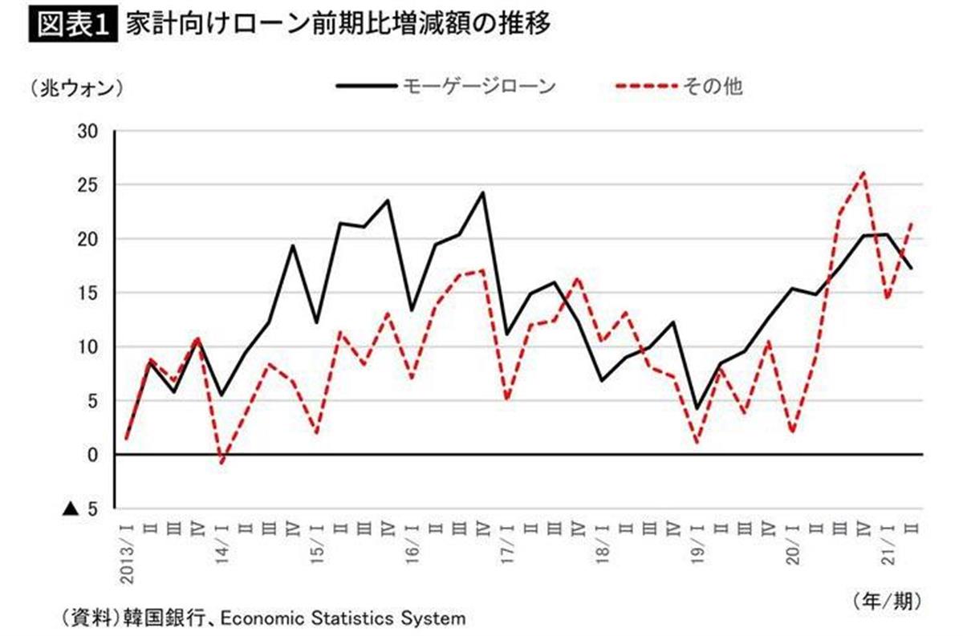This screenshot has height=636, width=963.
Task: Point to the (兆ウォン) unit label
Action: [76, 87]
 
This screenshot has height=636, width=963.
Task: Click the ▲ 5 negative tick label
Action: [80, 508]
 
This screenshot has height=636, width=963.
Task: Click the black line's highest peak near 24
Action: [483, 192]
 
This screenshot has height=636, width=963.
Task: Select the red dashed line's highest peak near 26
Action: [863, 172]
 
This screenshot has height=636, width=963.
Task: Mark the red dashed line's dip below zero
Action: [222, 463]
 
